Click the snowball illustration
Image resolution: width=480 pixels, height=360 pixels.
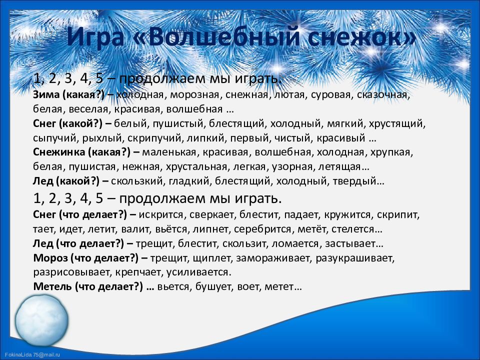41,320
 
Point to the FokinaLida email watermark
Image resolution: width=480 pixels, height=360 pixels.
32,355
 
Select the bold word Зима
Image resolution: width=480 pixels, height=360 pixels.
46,94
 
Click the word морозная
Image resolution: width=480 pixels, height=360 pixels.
194,95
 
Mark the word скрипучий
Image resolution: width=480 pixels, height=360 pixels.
153,138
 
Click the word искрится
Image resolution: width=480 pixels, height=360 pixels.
161,215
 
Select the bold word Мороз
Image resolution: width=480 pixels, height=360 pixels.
50,258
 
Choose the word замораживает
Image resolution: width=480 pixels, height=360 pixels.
273,258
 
